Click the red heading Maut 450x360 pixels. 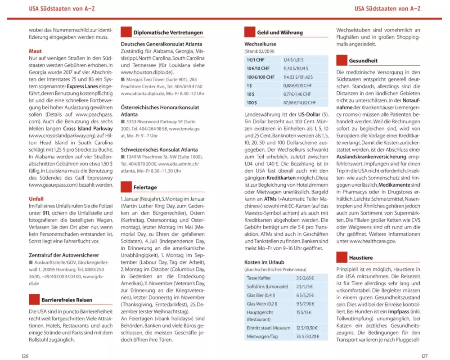[35, 51]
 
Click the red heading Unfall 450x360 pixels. [36, 198]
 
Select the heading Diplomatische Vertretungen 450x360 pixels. [168, 33]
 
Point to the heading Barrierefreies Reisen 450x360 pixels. [67, 300]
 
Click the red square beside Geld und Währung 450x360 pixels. [250, 32]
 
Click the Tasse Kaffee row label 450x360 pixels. [258, 278]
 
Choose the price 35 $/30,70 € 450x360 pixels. [308, 336]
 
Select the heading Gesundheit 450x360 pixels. [363, 60]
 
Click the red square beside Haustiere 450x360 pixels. [342, 257]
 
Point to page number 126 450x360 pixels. [26, 356]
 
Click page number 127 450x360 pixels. [424, 356]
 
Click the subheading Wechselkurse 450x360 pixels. [260, 45]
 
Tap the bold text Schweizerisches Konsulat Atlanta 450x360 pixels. [158, 149]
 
